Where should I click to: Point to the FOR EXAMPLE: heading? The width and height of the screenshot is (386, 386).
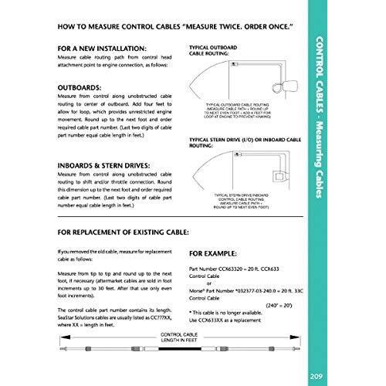pyautogui.click(x=217, y=252)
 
